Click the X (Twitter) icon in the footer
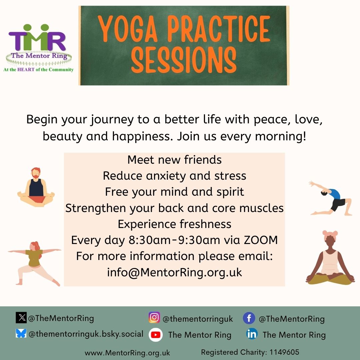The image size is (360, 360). click(x=21, y=318)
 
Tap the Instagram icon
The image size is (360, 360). click(x=154, y=317)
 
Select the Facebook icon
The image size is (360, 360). click(x=249, y=318)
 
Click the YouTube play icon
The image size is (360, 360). click(x=156, y=335)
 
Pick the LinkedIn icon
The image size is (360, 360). click(x=252, y=334)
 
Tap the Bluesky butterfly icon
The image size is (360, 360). click(x=21, y=333)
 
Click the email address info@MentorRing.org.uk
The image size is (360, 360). click(x=174, y=273)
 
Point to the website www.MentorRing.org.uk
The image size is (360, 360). click(x=127, y=353)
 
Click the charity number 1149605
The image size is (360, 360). click(x=284, y=352)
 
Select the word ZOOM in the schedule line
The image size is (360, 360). click(x=261, y=240)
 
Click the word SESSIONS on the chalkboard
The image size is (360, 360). click(x=184, y=60)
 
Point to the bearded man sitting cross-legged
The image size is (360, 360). click(x=36, y=187)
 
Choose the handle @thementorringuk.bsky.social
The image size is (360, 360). click(x=86, y=334)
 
